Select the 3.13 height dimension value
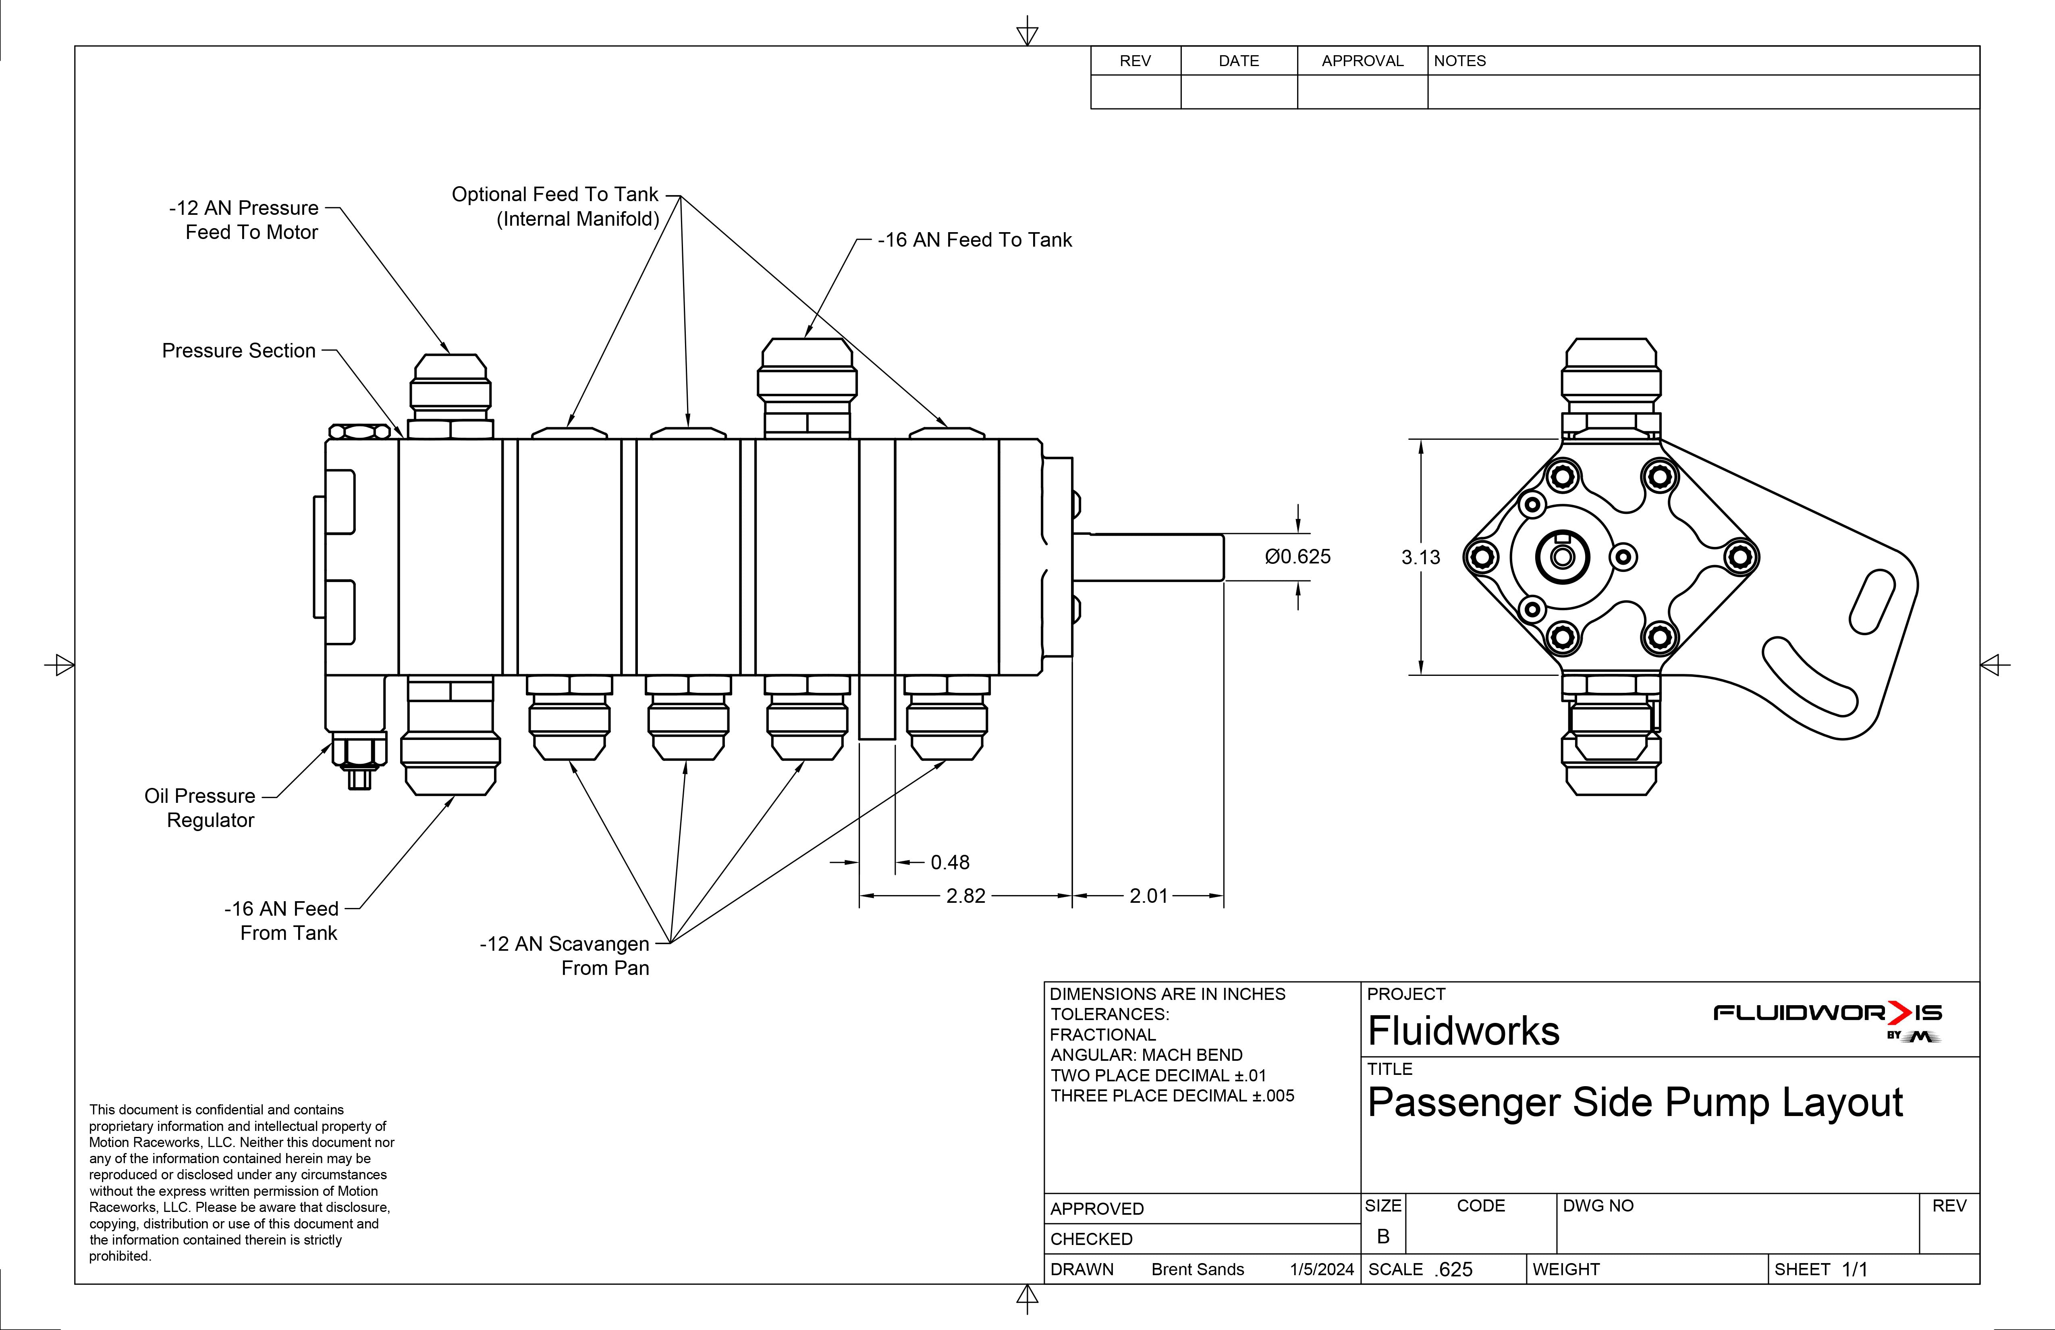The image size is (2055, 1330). click(x=1420, y=558)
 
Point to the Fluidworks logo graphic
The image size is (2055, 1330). click(x=1827, y=1019)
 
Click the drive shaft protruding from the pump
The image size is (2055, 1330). click(x=1148, y=557)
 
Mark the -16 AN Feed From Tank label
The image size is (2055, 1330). click(x=282, y=921)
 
